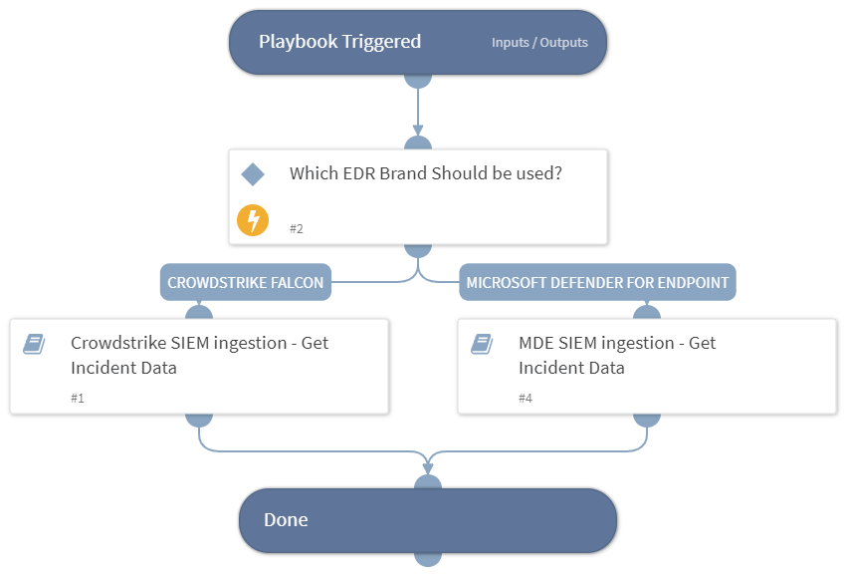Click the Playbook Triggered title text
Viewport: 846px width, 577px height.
click(339, 42)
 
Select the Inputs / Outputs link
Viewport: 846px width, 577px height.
click(539, 43)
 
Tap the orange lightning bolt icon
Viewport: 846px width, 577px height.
click(253, 219)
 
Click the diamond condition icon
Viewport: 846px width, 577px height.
click(253, 174)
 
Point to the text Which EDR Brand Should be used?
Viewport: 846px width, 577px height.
click(425, 173)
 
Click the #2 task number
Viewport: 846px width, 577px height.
click(297, 228)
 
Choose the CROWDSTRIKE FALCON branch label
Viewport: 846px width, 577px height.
click(245, 282)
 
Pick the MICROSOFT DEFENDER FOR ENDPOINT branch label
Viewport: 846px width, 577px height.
click(597, 282)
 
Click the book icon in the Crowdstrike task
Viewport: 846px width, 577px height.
click(34, 344)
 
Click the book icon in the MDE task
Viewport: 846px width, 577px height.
click(482, 344)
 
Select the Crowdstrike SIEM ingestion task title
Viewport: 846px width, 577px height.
click(199, 355)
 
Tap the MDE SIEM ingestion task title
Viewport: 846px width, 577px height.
click(617, 355)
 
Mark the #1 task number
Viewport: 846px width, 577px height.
click(78, 398)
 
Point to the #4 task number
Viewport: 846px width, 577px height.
click(526, 398)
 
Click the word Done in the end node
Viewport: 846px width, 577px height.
click(286, 520)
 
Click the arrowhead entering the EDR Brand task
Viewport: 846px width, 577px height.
click(418, 131)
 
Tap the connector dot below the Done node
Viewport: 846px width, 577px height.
click(428, 556)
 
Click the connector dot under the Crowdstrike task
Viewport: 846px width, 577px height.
click(199, 418)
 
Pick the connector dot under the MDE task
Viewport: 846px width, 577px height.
click(647, 418)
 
